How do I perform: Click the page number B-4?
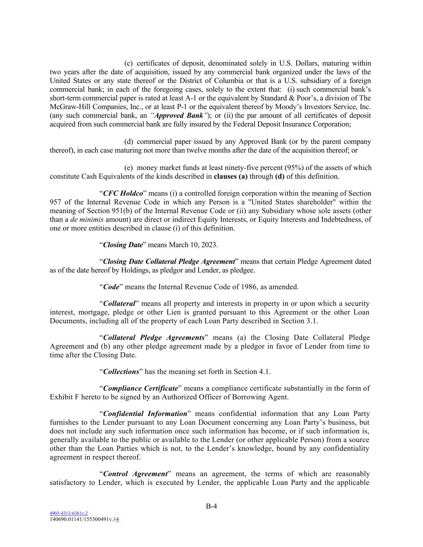coord(211,506)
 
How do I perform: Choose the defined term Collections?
coord(121,371)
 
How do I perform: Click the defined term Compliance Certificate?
coord(140,388)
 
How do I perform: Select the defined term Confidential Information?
coord(145,414)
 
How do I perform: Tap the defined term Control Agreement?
coord(135,474)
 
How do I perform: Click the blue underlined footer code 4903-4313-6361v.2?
coord(69,513)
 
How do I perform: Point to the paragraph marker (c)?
coord(128,63)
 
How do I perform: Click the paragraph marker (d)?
coord(129,142)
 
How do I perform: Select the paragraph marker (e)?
coord(128,168)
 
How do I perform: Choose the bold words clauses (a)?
coord(231,176)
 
